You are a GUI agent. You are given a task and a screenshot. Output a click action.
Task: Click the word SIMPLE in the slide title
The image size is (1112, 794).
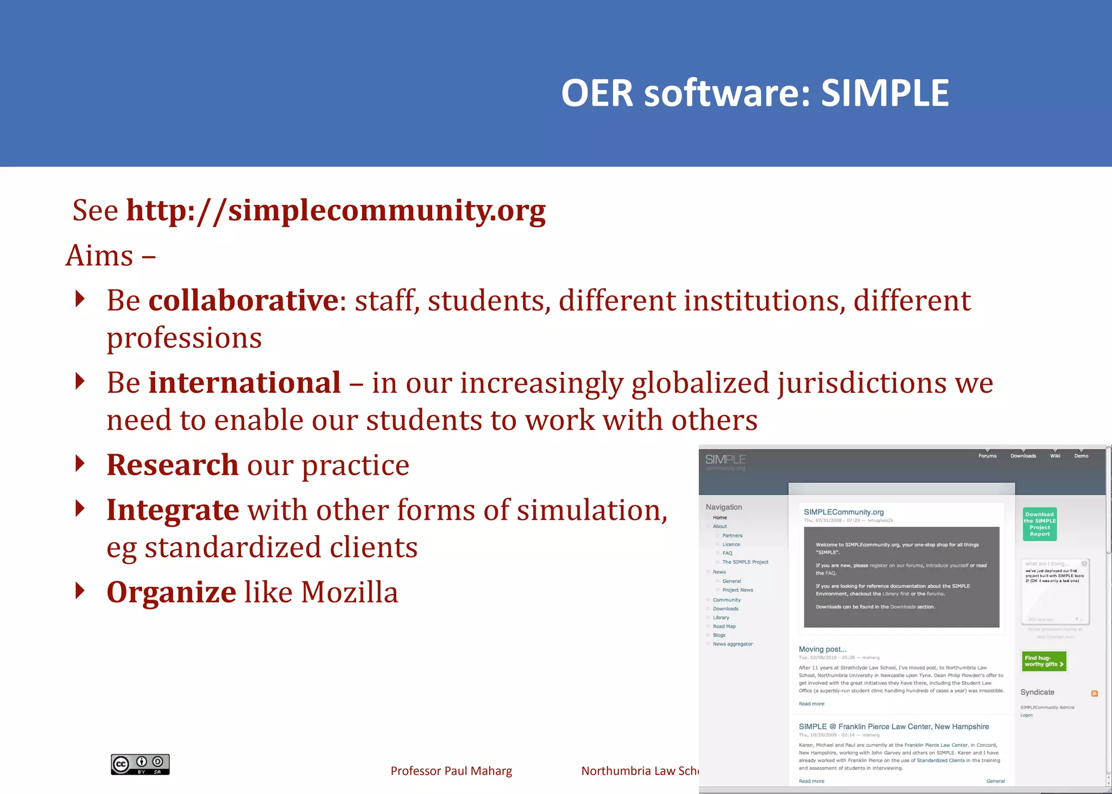884,93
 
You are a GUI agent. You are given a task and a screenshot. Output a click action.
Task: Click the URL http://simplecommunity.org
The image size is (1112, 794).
336,211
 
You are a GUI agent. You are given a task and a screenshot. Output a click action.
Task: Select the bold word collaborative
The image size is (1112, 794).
244,301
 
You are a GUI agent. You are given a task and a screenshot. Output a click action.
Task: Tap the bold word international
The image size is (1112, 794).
244,383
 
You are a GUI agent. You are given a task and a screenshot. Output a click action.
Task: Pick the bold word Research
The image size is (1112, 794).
172,465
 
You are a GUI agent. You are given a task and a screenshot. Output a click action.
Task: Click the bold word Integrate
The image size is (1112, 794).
172,510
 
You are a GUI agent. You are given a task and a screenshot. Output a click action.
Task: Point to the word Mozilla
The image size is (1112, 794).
349,592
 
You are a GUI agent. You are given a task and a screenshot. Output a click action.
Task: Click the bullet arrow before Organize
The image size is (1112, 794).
80,590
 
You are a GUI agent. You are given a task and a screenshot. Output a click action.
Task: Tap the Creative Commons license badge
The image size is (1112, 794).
140,764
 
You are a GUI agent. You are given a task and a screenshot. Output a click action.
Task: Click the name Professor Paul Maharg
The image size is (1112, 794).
451,771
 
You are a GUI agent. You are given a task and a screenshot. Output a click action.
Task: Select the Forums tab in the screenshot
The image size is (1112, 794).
987,456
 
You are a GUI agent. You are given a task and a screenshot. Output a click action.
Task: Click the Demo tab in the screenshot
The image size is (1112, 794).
1081,456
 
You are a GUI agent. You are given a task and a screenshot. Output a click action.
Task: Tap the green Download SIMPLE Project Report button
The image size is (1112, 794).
1039,524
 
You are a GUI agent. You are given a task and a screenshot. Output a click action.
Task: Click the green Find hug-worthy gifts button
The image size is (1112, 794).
1044,661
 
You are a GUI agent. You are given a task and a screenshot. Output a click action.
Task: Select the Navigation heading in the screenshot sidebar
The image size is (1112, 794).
724,507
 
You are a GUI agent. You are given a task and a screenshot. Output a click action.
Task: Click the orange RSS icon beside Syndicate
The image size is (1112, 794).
1094,693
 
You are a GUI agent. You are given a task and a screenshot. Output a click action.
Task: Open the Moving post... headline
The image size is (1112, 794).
822,649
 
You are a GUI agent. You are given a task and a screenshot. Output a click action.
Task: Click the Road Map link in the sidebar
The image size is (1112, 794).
724,626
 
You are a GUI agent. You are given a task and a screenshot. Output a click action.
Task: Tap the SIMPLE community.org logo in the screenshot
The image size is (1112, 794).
725,462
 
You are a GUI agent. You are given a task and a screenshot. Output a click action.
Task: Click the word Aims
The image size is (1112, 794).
100,256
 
